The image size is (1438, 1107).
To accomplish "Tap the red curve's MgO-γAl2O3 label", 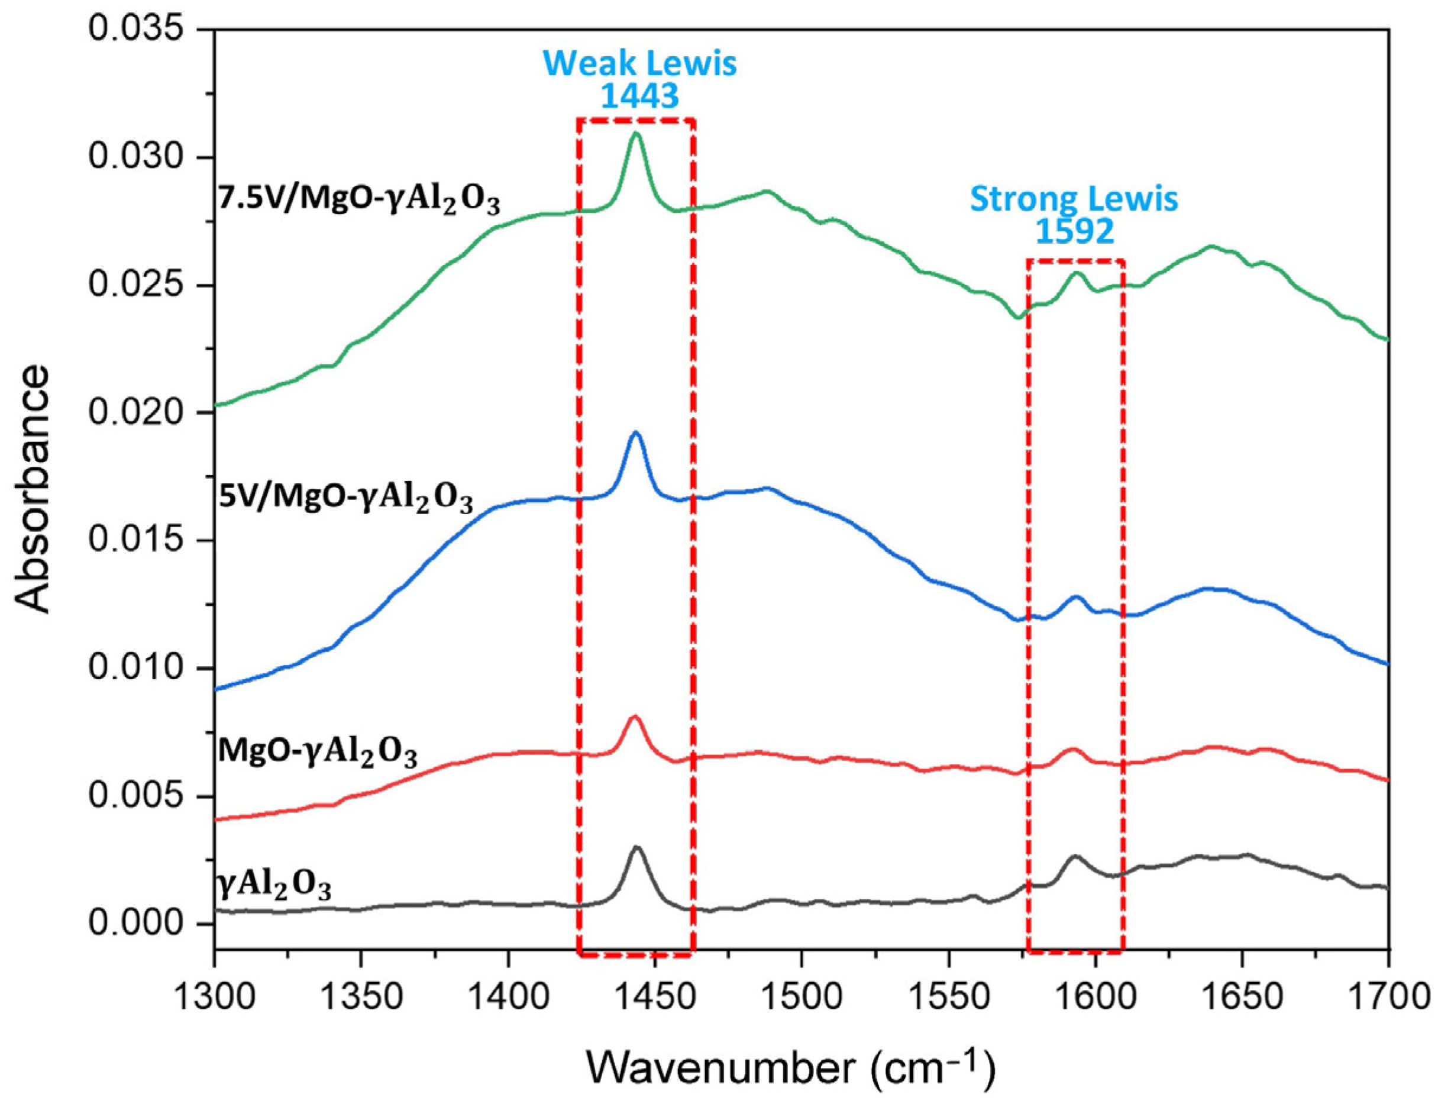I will [318, 753].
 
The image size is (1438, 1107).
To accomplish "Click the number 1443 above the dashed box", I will [639, 97].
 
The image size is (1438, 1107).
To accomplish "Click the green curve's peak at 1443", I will [635, 134].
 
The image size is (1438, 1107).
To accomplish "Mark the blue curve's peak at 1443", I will [635, 433].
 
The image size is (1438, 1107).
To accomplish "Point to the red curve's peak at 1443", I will [635, 716].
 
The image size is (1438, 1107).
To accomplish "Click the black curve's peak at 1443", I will [636, 847].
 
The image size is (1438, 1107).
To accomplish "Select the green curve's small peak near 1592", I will [1077, 273].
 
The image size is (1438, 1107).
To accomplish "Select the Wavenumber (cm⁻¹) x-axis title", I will [790, 1066].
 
